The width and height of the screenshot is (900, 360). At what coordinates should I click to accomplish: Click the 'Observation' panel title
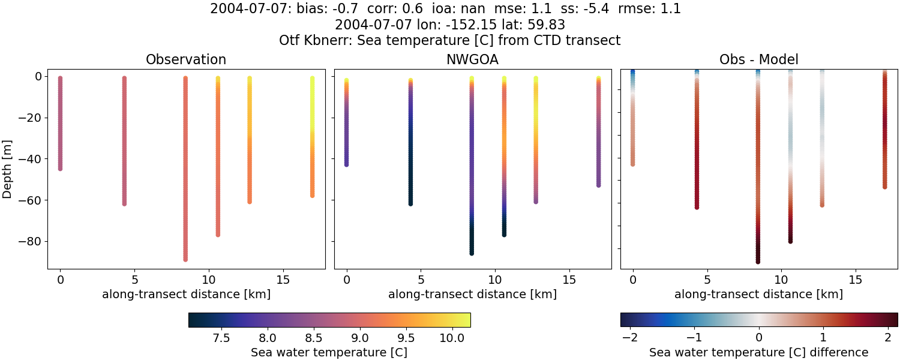[186, 59]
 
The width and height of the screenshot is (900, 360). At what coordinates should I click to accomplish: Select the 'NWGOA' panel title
[472, 59]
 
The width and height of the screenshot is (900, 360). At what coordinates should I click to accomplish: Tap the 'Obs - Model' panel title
[758, 59]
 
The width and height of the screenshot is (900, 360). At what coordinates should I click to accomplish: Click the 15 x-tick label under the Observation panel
[283, 280]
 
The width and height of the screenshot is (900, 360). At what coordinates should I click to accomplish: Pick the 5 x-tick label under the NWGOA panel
[421, 280]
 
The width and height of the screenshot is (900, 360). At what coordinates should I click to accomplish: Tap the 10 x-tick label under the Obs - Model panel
[781, 280]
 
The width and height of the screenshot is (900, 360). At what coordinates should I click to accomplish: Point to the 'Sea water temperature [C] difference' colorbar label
[758, 352]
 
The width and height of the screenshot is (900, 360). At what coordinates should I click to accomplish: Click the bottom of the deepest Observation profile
[185, 259]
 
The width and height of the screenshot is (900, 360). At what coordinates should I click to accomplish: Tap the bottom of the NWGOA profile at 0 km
[346, 164]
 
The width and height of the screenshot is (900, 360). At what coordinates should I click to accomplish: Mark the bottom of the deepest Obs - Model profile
[758, 261]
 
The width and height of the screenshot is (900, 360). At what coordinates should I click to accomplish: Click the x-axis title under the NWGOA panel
[472, 294]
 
